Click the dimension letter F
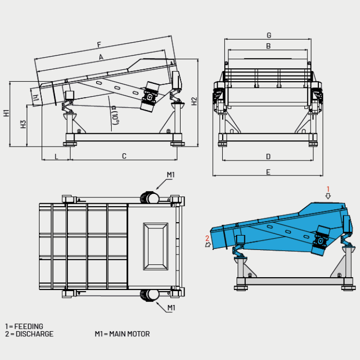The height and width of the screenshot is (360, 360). (x=99, y=45)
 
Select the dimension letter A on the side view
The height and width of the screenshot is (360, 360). (x=101, y=57)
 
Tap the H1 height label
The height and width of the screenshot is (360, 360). (x=6, y=113)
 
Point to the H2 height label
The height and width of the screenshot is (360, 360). (x=194, y=101)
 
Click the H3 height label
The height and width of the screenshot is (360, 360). (x=23, y=124)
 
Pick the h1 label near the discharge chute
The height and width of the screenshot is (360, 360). (x=36, y=98)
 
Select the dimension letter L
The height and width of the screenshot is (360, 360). (x=56, y=156)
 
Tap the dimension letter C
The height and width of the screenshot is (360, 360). (x=124, y=156)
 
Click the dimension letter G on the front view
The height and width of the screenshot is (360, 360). (x=269, y=35)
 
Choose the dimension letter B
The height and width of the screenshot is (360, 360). (x=268, y=46)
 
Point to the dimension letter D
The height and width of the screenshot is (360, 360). (x=268, y=156)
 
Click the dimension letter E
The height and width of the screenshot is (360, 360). (x=268, y=172)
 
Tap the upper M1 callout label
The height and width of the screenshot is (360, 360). (x=171, y=175)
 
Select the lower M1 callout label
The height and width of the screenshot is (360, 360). (x=171, y=308)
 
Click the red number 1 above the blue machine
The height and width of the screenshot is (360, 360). (x=328, y=189)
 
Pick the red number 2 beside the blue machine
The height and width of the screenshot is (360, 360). (x=207, y=238)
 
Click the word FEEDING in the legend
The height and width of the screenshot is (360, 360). (x=29, y=326)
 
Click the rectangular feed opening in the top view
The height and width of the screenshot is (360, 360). (x=155, y=246)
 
